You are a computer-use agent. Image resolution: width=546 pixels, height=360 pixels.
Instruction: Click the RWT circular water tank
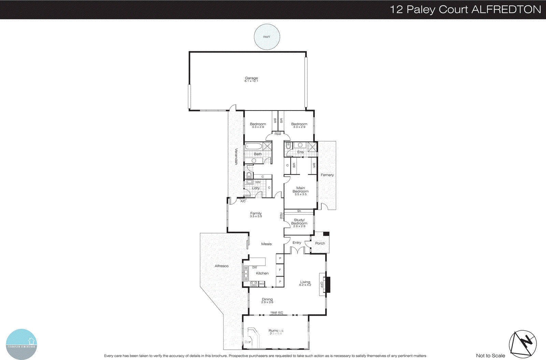click(x=267, y=37)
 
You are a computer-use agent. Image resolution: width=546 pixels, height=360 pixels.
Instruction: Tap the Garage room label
click(x=251, y=78)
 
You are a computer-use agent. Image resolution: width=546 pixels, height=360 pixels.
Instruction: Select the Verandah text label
click(x=236, y=157)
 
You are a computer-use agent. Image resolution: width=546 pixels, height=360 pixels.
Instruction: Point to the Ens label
click(x=300, y=152)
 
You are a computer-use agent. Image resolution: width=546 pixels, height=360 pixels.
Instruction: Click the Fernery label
click(x=327, y=175)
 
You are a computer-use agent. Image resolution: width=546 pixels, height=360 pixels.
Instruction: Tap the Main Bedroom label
click(x=300, y=190)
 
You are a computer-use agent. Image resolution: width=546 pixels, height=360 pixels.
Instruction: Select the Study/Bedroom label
click(x=299, y=222)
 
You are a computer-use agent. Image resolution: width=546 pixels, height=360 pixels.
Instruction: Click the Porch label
click(x=320, y=243)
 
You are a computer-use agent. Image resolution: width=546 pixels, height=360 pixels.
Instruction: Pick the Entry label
click(x=297, y=243)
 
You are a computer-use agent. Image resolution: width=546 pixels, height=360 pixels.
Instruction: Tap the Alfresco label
click(x=221, y=266)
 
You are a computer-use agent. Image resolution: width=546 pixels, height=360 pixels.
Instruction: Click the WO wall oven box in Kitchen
click(x=262, y=284)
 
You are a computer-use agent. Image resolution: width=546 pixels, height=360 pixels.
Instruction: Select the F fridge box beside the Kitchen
click(x=280, y=270)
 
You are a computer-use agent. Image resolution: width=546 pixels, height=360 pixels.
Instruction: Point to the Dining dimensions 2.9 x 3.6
click(x=267, y=302)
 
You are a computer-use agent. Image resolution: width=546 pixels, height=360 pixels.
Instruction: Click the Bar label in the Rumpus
click(x=248, y=342)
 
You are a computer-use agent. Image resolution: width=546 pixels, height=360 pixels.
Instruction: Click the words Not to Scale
click(x=490, y=356)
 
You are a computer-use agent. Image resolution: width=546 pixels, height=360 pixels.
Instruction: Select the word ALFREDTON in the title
click(x=506, y=9)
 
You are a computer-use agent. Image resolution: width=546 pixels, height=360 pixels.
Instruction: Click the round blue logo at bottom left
click(x=21, y=344)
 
